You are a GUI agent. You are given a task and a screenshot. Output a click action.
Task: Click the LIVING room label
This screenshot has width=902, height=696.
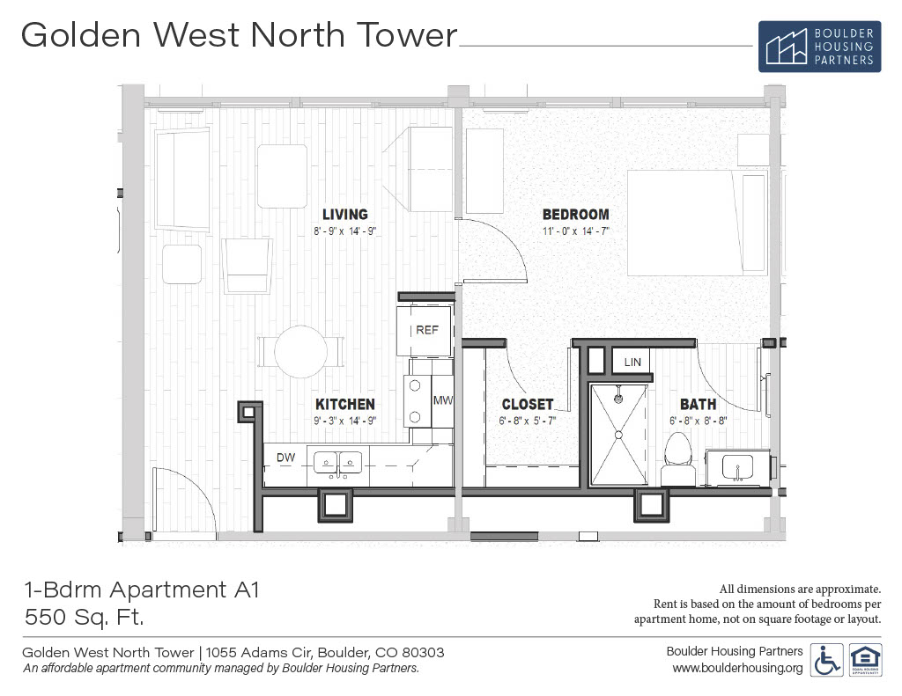[344, 215]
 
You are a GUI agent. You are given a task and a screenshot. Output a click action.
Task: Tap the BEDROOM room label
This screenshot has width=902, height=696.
[576, 215]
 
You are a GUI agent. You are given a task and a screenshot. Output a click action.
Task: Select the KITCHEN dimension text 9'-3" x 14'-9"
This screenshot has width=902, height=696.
[345, 421]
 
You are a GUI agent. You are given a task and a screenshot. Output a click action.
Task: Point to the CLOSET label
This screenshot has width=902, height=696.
[528, 404]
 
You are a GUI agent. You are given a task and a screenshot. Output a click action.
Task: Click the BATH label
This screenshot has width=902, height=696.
[698, 404]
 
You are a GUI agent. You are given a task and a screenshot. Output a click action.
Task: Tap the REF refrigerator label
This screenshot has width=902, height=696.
[427, 330]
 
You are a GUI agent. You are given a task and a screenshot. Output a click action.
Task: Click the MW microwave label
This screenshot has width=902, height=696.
[442, 400]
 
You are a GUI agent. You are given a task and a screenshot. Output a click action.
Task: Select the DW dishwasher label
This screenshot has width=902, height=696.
[286, 458]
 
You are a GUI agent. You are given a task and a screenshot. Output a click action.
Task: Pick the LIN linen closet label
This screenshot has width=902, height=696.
[632, 363]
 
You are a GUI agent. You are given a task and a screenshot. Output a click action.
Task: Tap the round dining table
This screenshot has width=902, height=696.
[301, 352]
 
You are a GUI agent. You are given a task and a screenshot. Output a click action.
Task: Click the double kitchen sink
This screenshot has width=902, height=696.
[337, 463]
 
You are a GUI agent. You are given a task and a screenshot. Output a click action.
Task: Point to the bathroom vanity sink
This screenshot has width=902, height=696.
[737, 466]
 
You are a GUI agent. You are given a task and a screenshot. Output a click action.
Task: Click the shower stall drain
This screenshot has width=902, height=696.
[618, 435]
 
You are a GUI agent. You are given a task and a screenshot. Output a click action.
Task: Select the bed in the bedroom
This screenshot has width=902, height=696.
[697, 223]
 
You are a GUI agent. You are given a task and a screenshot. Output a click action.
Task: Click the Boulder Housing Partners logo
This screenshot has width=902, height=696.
[819, 47]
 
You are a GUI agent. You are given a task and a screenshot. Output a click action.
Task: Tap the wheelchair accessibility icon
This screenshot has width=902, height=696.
[826, 660]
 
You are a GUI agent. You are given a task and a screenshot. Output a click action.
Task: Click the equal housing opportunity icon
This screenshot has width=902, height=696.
[865, 660]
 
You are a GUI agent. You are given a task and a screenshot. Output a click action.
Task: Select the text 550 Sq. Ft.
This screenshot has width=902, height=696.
[84, 618]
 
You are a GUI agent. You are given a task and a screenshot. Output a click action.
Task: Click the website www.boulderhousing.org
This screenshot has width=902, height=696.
[737, 668]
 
